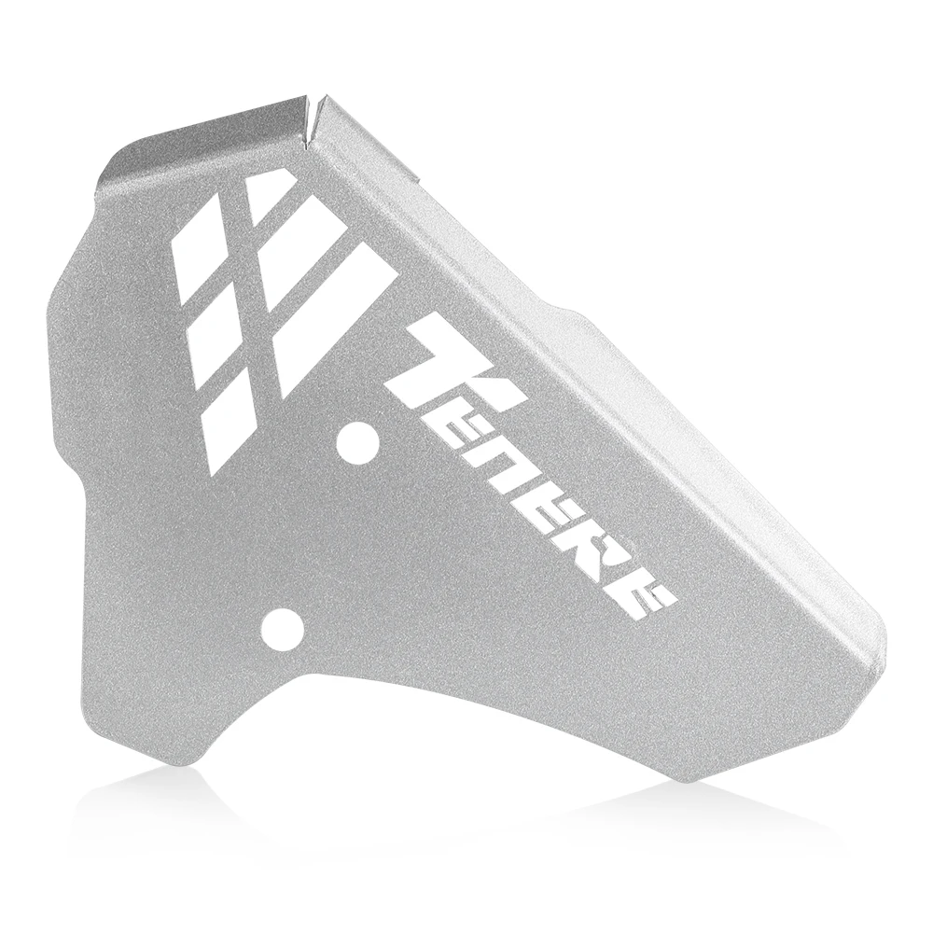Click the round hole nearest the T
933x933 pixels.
coord(355,441)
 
